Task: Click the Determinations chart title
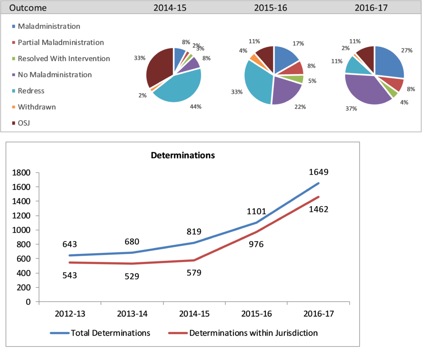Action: [183, 155]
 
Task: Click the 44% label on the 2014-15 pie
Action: [196, 107]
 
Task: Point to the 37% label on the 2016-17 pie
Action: [352, 108]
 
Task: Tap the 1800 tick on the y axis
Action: [22, 172]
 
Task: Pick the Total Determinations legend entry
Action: [100, 333]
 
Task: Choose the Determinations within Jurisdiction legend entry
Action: [243, 333]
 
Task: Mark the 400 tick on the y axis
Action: [25, 273]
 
